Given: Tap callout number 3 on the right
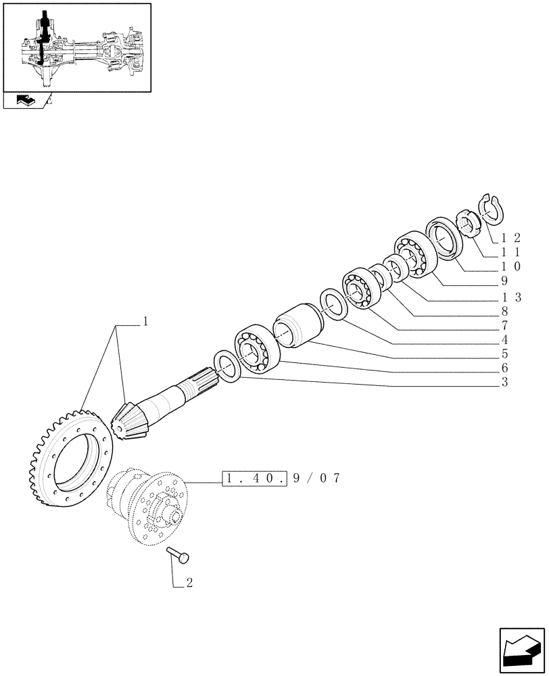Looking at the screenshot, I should (504, 383).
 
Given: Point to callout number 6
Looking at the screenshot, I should (504, 368).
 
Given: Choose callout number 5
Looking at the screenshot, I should (504, 354).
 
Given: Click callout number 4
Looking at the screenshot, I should (504, 340).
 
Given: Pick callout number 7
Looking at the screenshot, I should (504, 326).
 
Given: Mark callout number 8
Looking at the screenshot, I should (504, 312).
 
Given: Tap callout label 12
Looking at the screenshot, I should (511, 237).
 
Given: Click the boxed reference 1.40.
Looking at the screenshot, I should (256, 479).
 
